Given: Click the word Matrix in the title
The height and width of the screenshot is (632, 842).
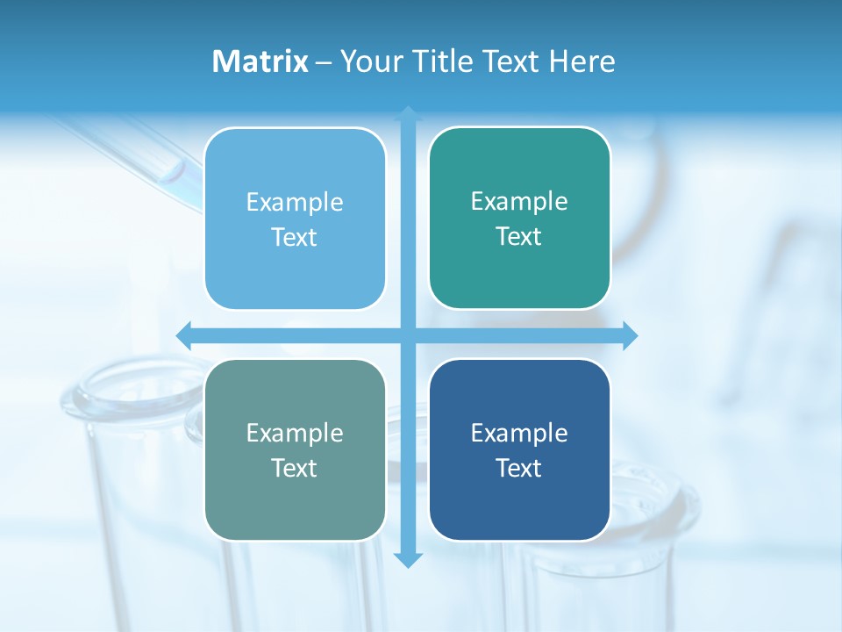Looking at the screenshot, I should [x=260, y=61].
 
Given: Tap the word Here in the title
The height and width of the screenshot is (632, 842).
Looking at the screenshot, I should [x=582, y=61].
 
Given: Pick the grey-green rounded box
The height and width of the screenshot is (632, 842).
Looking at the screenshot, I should [x=295, y=500].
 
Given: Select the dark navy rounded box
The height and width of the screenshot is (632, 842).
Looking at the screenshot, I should [x=519, y=500].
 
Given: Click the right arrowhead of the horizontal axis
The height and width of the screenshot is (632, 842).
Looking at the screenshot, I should [x=630, y=335].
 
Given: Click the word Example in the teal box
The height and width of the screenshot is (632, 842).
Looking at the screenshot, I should [x=519, y=201].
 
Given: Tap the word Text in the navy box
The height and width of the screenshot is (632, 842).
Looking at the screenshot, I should [x=519, y=468].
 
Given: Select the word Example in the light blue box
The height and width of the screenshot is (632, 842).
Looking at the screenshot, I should [x=295, y=202].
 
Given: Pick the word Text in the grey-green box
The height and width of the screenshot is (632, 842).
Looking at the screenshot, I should [x=295, y=468].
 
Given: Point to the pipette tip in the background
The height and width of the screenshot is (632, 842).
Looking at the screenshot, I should [x=166, y=175].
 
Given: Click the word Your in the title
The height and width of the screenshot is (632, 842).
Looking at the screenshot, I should [x=367, y=61].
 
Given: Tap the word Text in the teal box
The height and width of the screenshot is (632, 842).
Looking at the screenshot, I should [x=519, y=236].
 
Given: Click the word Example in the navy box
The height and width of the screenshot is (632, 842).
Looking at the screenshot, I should [x=519, y=433].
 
